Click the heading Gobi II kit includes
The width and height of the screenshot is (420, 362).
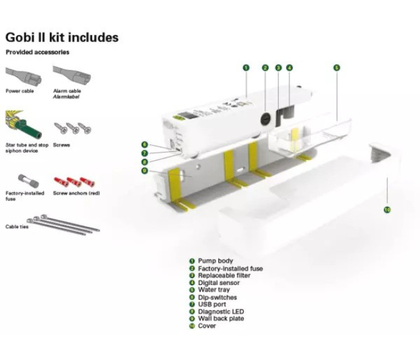[x=62, y=37]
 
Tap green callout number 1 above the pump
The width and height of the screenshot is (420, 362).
[x=246, y=67]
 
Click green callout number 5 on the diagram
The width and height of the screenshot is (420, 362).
[x=337, y=67]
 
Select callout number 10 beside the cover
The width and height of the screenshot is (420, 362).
[x=387, y=209]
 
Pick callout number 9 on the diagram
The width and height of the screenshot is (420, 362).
[x=145, y=171]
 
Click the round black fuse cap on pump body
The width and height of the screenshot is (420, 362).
[x=265, y=120]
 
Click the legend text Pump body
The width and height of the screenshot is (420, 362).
[x=216, y=261]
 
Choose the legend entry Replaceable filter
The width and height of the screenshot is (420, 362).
[x=224, y=275]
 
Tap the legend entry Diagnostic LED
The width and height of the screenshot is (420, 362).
[x=221, y=312]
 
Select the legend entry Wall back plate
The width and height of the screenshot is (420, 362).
[x=221, y=319]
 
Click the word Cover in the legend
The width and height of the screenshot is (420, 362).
[x=207, y=326]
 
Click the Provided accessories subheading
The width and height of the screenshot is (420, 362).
[x=37, y=52]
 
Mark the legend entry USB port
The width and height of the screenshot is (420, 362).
[x=213, y=304]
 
